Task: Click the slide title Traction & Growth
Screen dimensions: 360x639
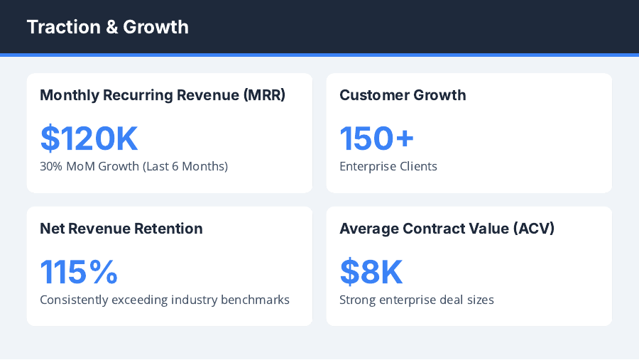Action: pos(107,27)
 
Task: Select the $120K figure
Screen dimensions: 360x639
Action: pos(89,138)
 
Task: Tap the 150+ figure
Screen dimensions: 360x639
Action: pos(376,138)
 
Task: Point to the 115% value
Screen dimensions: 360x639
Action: pos(79,272)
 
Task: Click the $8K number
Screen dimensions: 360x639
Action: pos(371,272)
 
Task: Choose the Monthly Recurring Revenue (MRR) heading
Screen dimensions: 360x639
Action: pos(163,95)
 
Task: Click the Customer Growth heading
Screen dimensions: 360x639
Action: pos(403,95)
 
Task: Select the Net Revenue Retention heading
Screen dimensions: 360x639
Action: pos(121,229)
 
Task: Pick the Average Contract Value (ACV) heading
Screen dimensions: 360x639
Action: pos(447,229)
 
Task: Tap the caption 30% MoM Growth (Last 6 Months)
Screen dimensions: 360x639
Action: pos(133,167)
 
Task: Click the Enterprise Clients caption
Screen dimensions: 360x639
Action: pos(388,167)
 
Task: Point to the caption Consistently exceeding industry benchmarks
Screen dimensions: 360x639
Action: pos(165,300)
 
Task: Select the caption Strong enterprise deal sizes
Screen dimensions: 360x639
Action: pos(417,300)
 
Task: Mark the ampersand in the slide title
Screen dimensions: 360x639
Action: pos(111,27)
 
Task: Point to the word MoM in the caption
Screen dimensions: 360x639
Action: pos(82,167)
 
